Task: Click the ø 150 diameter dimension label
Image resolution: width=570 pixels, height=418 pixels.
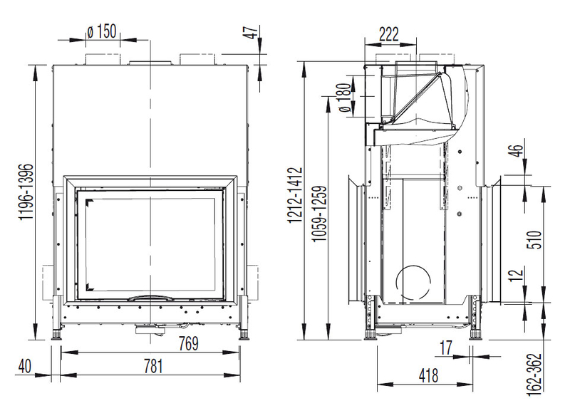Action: [102, 31]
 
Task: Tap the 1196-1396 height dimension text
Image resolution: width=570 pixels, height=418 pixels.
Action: [26, 192]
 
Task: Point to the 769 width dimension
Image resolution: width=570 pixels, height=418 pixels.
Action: [189, 343]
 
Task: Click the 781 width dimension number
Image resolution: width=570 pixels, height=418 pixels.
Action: [153, 366]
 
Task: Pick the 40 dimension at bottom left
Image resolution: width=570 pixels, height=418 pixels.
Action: [25, 366]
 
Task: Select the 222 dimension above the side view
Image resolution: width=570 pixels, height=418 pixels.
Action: [389, 34]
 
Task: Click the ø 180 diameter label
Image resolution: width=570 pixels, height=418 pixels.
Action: [346, 98]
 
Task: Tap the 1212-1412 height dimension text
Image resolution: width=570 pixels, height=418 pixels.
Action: [295, 194]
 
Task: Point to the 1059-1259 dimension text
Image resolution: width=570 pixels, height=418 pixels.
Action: [319, 214]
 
